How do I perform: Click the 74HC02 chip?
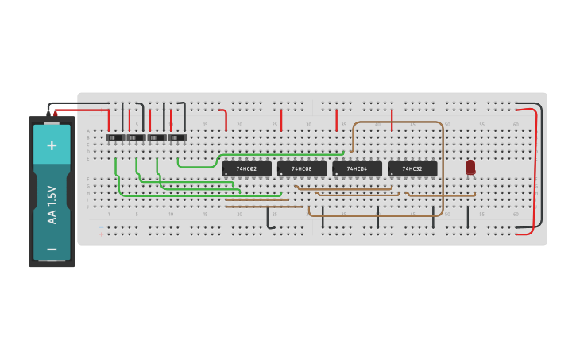246,168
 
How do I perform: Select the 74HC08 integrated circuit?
302,168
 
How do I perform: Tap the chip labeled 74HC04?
358,168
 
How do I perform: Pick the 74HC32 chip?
412,168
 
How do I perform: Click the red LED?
470,166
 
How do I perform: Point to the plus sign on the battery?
52,145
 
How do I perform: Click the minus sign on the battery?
52,249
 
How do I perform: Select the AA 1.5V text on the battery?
52,204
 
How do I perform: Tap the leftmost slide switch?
115,137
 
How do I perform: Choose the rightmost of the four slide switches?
177,137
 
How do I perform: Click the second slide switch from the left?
136,137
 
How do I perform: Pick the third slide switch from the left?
157,137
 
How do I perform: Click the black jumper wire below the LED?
468,216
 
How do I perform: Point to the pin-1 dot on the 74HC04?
337,173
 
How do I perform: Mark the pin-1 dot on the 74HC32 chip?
392,173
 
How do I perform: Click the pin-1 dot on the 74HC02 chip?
226,173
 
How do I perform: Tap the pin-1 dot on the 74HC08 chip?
282,173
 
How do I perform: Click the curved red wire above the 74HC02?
225,117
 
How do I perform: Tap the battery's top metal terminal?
52,122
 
